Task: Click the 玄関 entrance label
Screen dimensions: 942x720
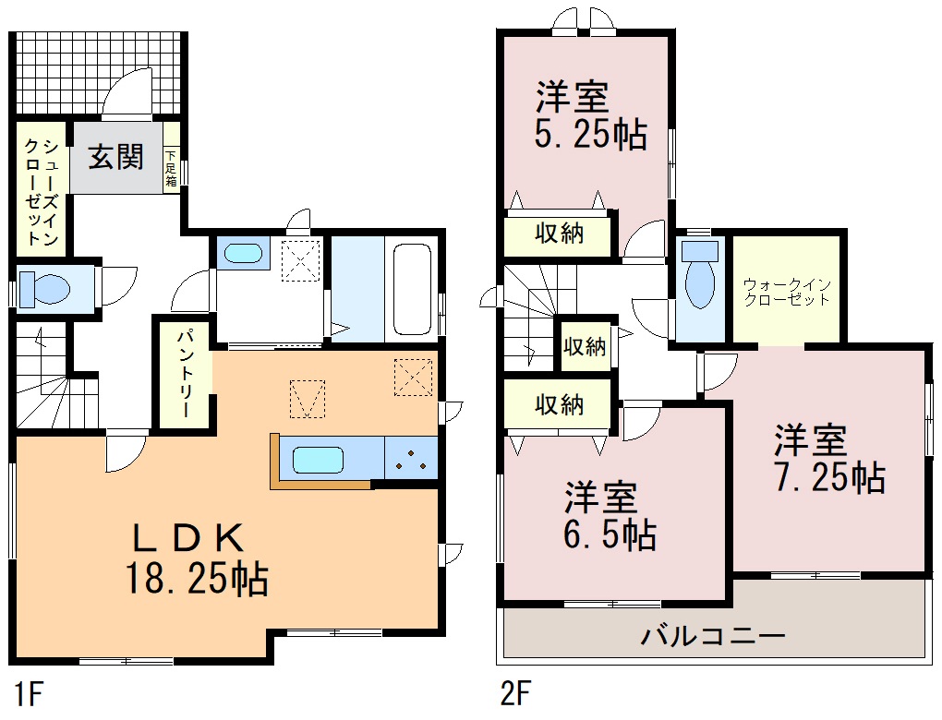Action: [x=116, y=157]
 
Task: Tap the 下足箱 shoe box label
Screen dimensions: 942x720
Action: [x=171, y=168]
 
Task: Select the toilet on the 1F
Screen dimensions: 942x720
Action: [x=44, y=289]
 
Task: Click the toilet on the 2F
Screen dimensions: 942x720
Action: [x=700, y=275]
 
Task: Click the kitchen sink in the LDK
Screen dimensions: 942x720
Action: [x=318, y=460]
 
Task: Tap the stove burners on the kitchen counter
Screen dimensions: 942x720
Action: [x=411, y=460]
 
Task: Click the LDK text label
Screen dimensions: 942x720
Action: [x=188, y=537]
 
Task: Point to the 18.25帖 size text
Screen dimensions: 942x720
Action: [x=197, y=579]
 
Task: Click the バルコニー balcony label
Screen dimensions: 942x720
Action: [x=713, y=635]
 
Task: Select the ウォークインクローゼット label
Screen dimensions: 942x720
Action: [x=787, y=292]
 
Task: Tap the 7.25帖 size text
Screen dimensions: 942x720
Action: [x=829, y=477]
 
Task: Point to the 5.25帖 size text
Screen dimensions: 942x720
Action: [x=591, y=135]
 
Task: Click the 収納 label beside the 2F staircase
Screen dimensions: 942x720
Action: [x=585, y=346]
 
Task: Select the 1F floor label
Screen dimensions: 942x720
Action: [x=29, y=695]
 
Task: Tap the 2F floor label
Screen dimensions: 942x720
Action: [x=516, y=695]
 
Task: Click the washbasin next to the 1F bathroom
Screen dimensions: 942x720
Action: [x=243, y=253]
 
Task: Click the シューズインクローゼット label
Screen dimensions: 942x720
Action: [x=41, y=192]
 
